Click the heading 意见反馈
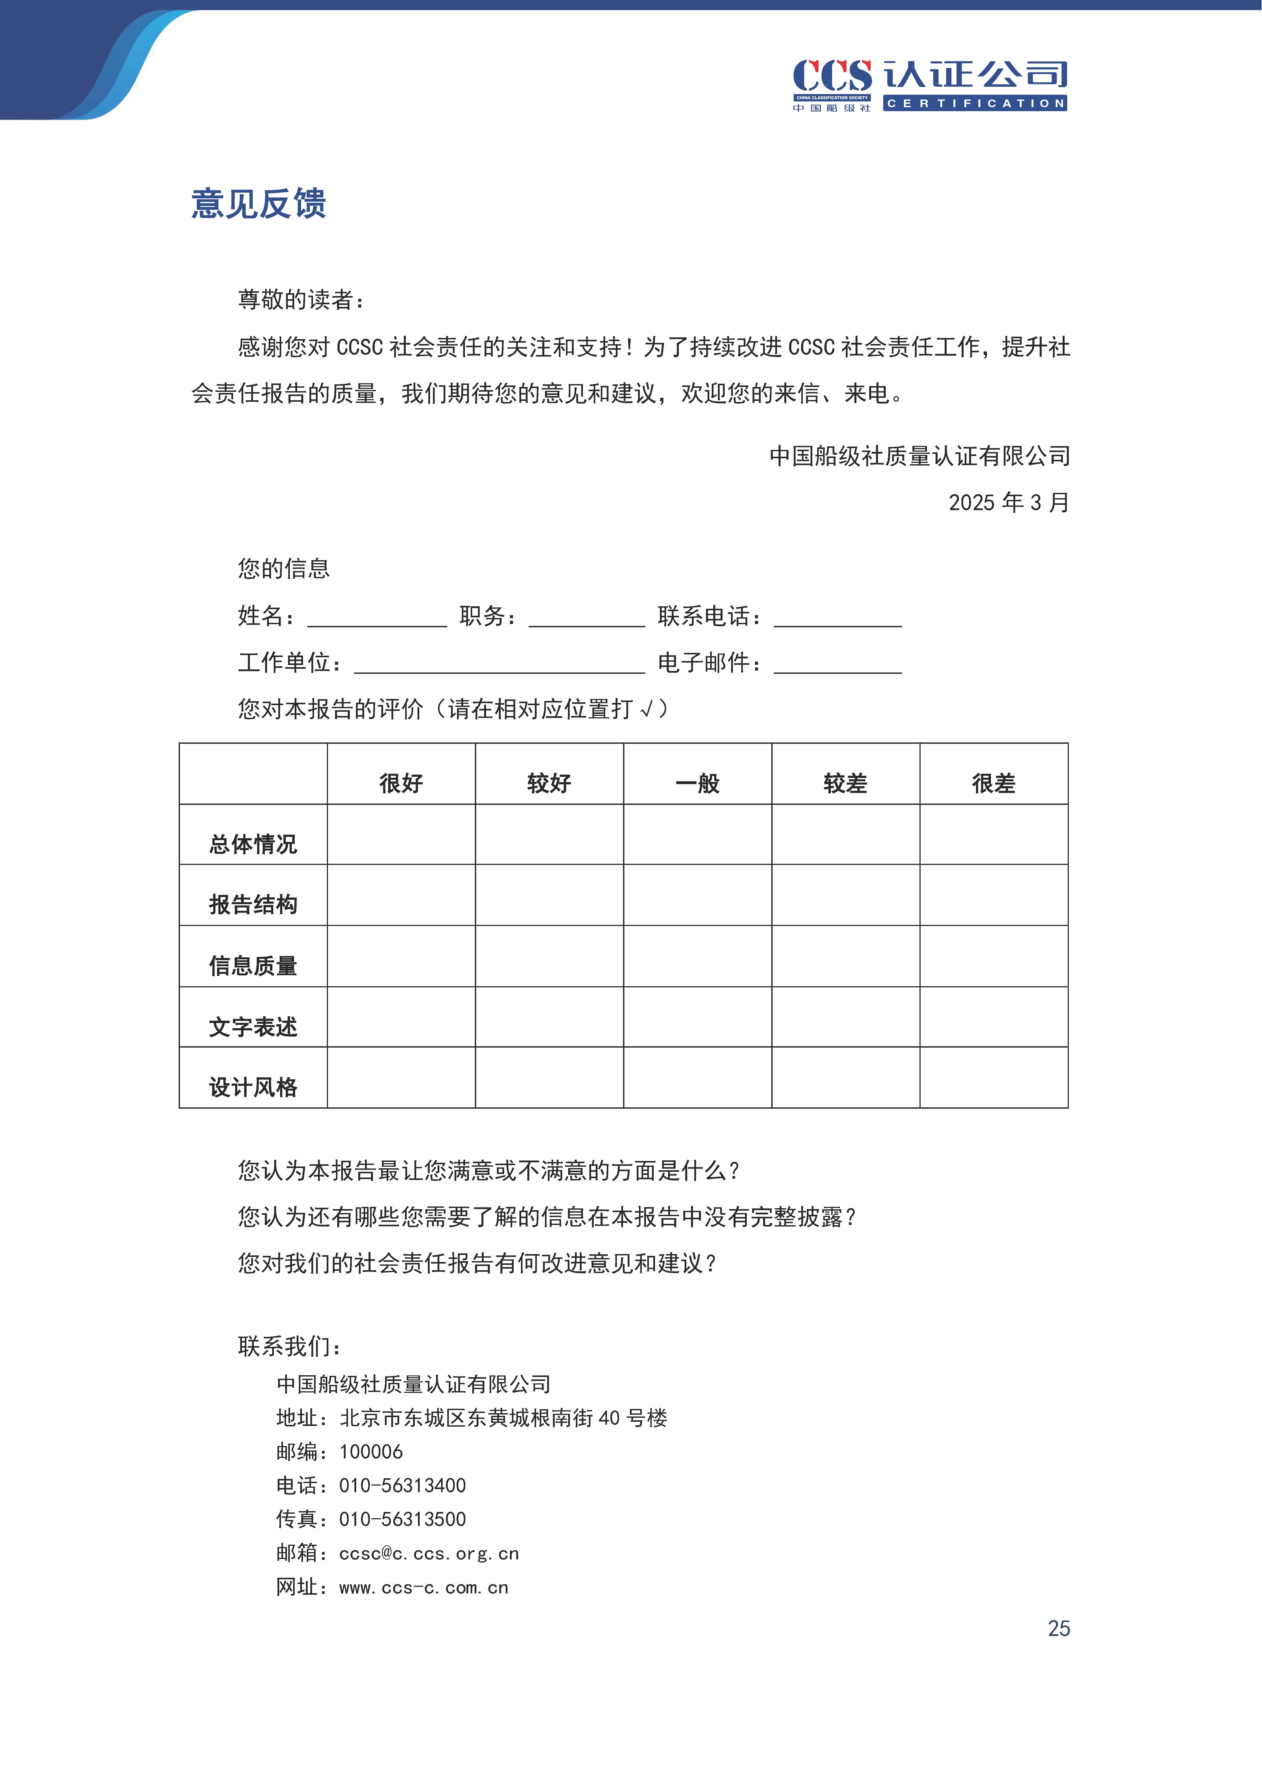[259, 204]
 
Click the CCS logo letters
[831, 76]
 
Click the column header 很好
[401, 783]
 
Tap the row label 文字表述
[253, 1027]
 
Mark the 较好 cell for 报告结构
[549, 894]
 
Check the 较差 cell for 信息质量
[845, 956]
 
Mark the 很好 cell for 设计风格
[401, 1077]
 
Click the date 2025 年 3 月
[1009, 502]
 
